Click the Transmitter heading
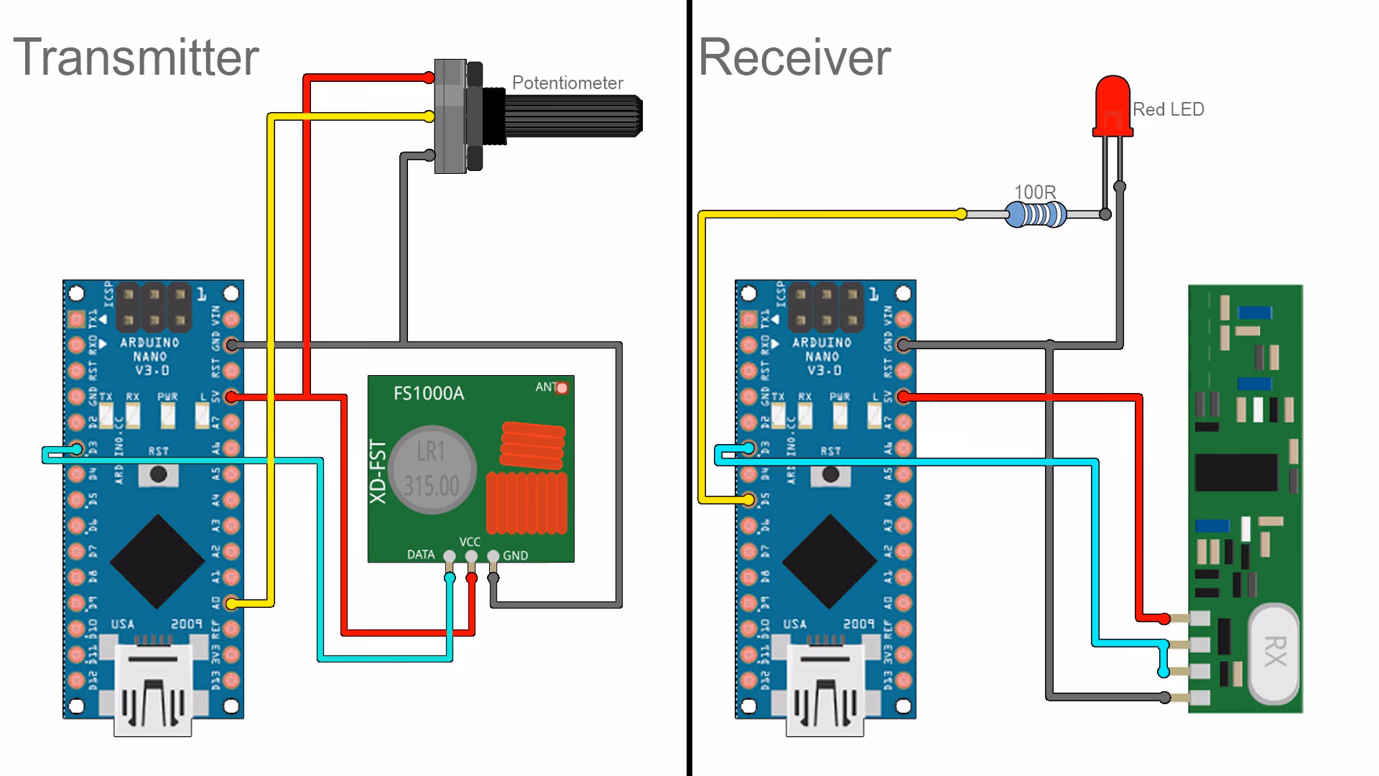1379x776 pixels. click(136, 57)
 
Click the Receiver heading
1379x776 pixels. click(794, 57)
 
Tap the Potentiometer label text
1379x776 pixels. click(567, 83)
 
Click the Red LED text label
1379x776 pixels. click(1168, 110)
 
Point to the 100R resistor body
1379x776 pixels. click(1035, 214)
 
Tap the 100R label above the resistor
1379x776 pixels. click(1035, 193)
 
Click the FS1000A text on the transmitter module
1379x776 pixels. click(429, 393)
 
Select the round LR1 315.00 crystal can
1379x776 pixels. click(431, 471)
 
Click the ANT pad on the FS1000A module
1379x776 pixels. click(562, 388)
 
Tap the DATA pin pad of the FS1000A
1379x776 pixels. click(450, 556)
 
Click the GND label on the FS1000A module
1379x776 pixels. click(515, 555)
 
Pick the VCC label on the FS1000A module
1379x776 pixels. click(470, 542)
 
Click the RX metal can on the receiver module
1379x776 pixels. click(1274, 652)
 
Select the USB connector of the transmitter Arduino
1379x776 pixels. click(153, 690)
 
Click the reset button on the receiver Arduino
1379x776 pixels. click(831, 474)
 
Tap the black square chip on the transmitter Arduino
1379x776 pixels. click(157, 560)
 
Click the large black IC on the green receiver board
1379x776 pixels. click(1236, 473)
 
